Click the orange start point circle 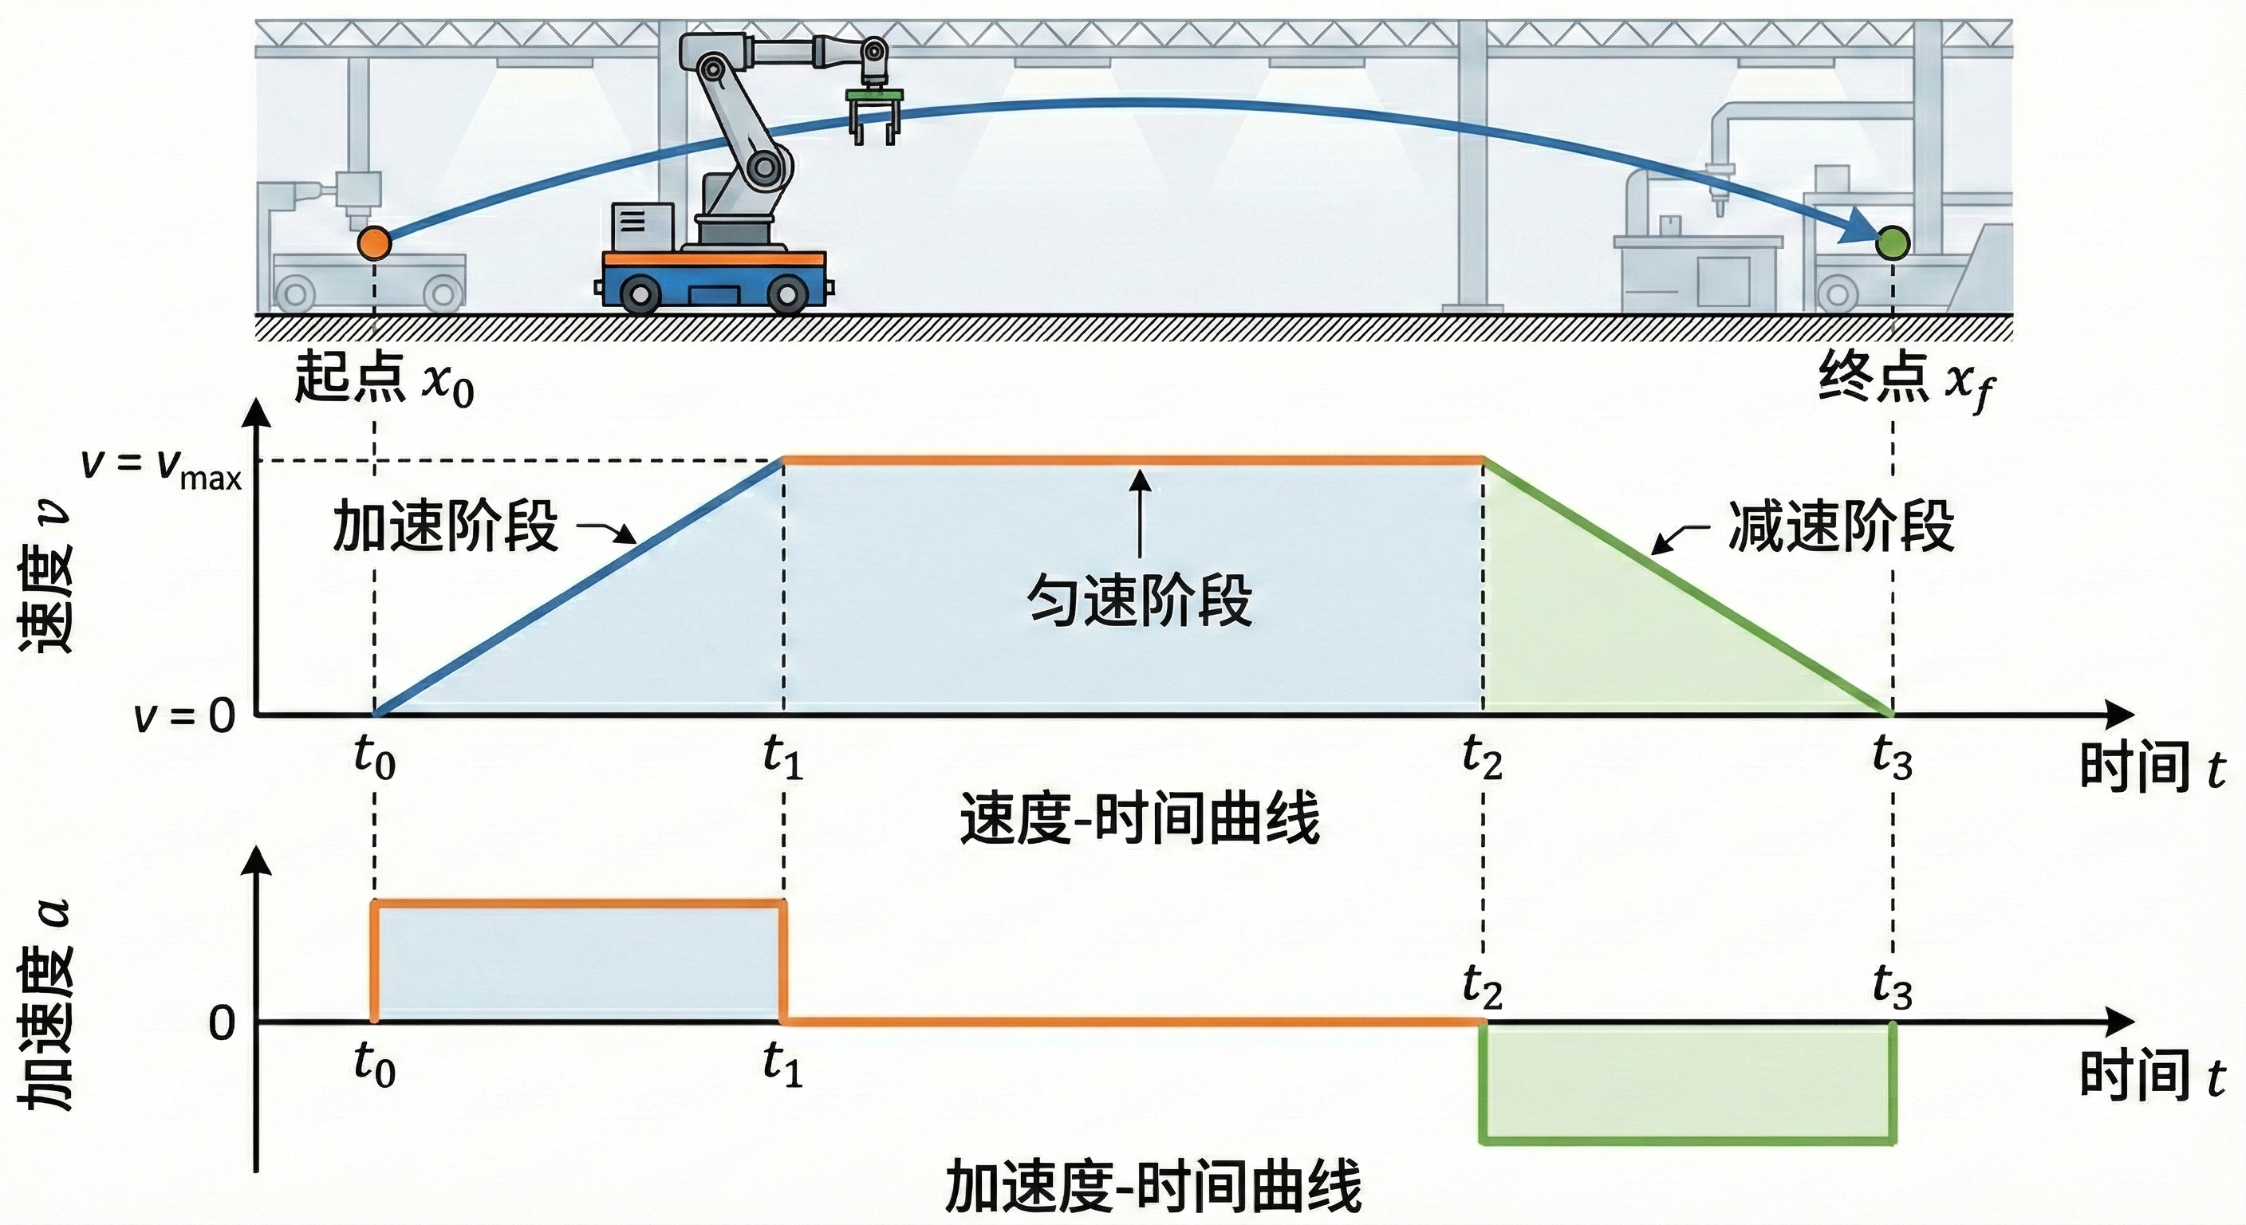point(375,243)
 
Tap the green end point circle point(1893,242)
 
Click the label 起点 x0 point(384,380)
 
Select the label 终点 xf point(1906,381)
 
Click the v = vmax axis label point(161,467)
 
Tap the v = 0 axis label point(185,717)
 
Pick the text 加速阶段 point(445,526)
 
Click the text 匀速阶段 point(1139,600)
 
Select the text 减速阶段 point(1841,526)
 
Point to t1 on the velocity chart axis point(782,756)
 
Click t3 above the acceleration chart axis point(1892,988)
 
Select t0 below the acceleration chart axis point(375,1065)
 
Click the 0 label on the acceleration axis point(223,1022)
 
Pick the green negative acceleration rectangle point(1687,1081)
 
